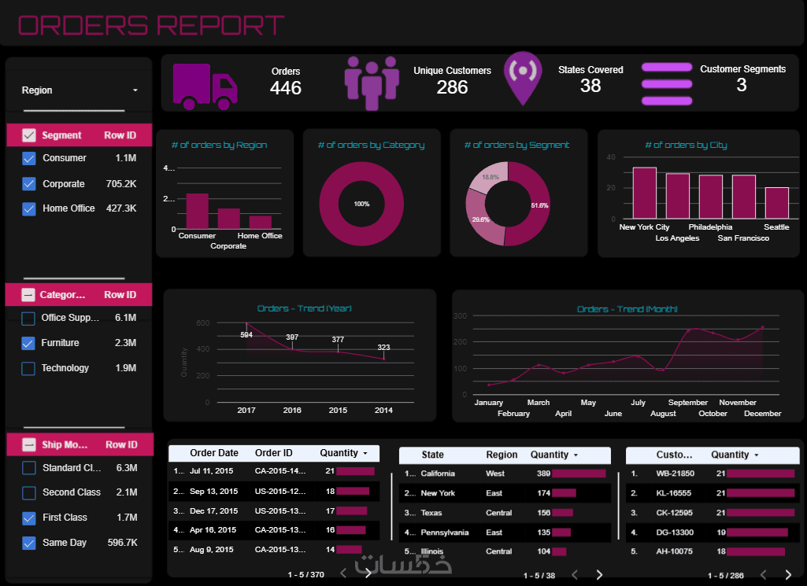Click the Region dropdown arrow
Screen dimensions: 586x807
tap(135, 90)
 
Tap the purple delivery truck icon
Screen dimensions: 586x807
tap(204, 86)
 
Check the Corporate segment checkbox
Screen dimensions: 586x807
tap(29, 184)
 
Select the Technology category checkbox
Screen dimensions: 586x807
tap(28, 368)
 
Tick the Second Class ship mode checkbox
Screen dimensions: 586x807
tap(28, 492)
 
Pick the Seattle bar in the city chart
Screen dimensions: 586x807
tap(776, 204)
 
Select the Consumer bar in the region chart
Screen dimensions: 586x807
tap(197, 211)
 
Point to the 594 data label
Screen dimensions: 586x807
tap(246, 335)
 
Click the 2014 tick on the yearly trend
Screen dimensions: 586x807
tap(383, 411)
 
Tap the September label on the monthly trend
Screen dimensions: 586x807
tap(688, 403)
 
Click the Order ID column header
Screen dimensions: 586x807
tap(273, 453)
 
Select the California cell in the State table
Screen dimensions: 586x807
tap(438, 474)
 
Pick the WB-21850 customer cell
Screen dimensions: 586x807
tap(675, 474)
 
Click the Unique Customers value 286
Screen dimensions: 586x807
tap(452, 87)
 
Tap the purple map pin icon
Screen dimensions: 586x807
tap(523, 77)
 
